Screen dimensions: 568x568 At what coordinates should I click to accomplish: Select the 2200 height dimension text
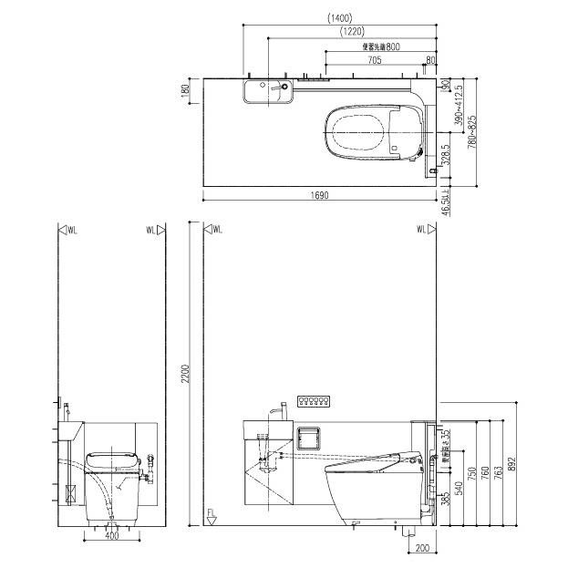(185, 373)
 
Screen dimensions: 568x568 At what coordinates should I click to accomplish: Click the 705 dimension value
(374, 60)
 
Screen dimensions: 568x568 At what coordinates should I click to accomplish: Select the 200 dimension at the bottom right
(421, 547)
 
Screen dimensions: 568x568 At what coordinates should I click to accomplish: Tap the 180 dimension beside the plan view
(185, 91)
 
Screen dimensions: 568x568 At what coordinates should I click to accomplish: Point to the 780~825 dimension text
(471, 133)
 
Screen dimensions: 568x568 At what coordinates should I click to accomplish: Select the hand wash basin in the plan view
(267, 91)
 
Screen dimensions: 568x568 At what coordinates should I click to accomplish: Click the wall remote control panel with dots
(314, 402)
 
